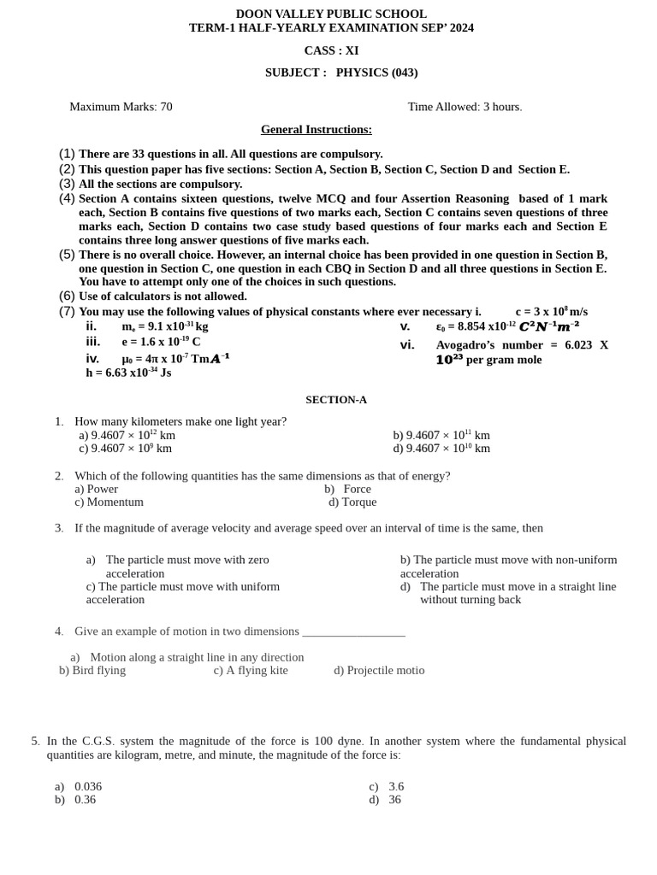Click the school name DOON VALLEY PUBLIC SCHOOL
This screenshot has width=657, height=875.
331,14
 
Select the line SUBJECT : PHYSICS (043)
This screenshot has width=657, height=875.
341,73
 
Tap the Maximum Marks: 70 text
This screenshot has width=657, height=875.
121,107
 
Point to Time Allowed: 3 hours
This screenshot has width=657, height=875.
465,107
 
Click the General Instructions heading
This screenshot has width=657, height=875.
316,130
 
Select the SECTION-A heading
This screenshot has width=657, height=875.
336,400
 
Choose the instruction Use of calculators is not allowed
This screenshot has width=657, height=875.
163,297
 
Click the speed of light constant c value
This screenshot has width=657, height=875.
551,312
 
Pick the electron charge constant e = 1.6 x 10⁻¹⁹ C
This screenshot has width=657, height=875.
161,342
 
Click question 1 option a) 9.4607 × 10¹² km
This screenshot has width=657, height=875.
127,435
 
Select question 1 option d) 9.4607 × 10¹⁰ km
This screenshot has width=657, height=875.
441,449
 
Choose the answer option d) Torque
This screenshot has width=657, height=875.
352,502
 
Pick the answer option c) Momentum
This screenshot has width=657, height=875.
109,502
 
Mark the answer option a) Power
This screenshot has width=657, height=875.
96,490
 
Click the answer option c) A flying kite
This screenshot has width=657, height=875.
251,671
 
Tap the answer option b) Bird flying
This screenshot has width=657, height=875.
92,671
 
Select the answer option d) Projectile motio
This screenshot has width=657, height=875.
379,671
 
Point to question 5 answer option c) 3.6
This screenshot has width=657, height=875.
387,787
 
